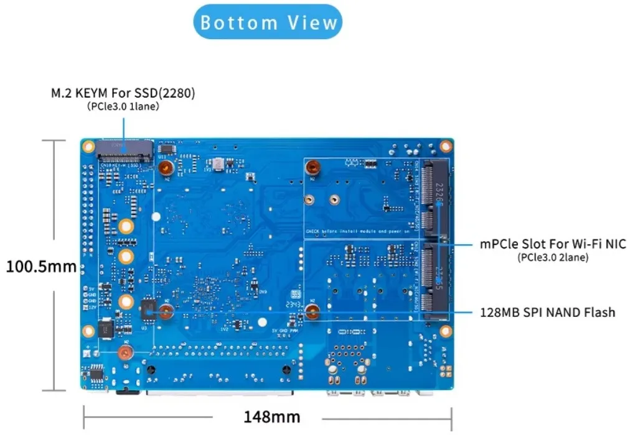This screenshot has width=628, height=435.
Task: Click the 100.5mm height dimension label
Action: point(41,267)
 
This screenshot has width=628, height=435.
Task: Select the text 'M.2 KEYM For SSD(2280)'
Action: point(123,94)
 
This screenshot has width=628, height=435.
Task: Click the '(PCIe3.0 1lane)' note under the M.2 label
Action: point(123,107)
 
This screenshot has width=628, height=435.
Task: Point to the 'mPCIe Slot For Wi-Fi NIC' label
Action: point(553,244)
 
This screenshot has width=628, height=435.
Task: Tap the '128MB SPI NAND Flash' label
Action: point(547,312)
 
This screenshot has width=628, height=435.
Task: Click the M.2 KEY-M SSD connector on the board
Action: point(124,150)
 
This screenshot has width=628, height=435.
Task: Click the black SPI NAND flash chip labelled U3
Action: point(148,308)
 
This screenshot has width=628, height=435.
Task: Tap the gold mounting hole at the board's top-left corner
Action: point(90,147)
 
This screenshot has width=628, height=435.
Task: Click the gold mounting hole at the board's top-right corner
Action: point(445,147)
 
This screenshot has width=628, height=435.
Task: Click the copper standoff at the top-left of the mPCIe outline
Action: point(314,167)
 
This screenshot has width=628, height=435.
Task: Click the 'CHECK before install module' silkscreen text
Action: point(355,231)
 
